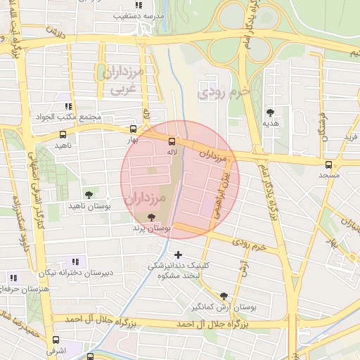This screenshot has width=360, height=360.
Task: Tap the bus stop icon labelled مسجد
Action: [328, 165]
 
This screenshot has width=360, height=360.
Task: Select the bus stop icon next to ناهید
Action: [63, 134]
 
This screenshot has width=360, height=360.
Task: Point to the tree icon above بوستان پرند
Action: [153, 217]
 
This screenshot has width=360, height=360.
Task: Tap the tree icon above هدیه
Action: [270, 112]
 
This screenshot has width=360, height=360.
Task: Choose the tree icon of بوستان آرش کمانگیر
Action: [224, 296]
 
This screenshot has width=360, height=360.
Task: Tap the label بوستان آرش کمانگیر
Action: [224, 307]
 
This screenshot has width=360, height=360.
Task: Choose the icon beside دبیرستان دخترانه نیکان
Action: [75, 262]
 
